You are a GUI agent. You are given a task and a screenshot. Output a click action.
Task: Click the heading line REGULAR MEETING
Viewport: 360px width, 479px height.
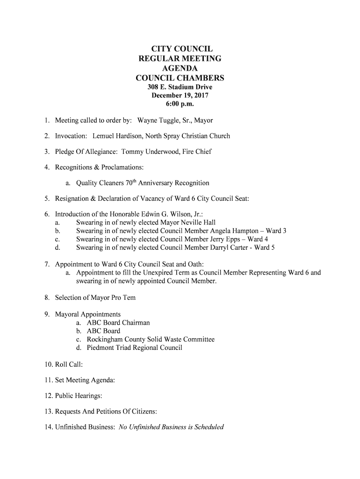pyautogui.click(x=180, y=58)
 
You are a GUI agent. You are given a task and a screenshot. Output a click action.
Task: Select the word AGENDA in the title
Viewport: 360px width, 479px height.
pyautogui.click(x=180, y=68)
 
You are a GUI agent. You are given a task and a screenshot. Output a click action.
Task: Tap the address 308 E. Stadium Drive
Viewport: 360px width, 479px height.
pyautogui.click(x=180, y=87)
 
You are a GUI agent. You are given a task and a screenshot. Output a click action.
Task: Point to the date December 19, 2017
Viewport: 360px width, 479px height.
pyautogui.click(x=180, y=95)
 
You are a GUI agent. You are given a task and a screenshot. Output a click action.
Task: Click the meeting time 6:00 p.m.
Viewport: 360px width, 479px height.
pyautogui.click(x=180, y=104)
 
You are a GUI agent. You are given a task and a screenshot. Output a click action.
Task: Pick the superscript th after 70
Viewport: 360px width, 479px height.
pyautogui.click(x=133, y=181)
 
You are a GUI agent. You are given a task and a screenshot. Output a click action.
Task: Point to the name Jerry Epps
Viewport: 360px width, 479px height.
pyautogui.click(x=222, y=239)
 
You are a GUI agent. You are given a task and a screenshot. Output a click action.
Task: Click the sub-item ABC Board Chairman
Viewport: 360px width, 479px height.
pyautogui.click(x=118, y=323)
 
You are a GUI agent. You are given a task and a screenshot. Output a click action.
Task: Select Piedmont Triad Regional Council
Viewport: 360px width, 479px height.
pyautogui.click(x=135, y=348)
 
